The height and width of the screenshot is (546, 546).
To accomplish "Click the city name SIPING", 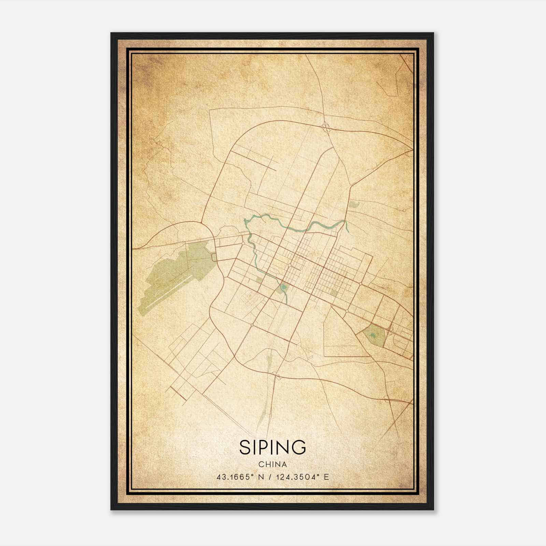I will tap(272, 447).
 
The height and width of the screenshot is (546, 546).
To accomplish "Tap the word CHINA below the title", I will tap(272, 464).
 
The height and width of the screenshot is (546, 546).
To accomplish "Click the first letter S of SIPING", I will tap(245, 447).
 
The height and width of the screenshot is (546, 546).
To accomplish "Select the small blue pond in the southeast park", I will tap(373, 335).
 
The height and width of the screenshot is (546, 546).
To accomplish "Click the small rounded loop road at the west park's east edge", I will tap(214, 257).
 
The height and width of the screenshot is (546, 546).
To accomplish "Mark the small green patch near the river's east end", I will tap(354, 205).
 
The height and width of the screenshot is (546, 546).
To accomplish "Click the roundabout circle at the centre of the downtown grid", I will tap(289, 265).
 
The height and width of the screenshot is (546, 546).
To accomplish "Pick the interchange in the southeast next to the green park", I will tap(390, 330).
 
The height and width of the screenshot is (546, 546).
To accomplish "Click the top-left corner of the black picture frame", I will tap(112, 33).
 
